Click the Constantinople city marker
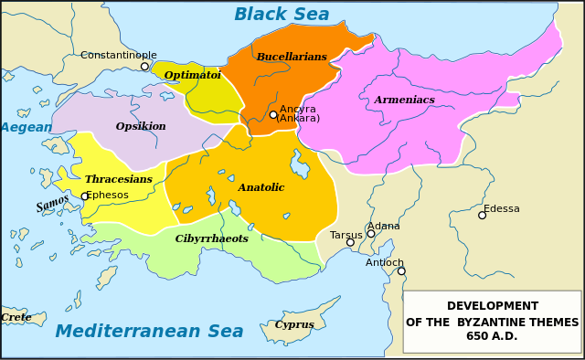(x=144, y=66)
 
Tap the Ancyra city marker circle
(x=273, y=114)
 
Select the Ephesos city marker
(x=85, y=196)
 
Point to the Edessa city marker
(x=482, y=215)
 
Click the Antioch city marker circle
(x=401, y=270)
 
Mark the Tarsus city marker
(x=350, y=242)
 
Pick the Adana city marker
(x=371, y=233)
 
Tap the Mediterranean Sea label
(x=149, y=331)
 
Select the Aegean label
(x=26, y=127)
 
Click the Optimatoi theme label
(x=192, y=75)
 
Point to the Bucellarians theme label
(x=291, y=57)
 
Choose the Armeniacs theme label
(x=404, y=100)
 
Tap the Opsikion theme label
(x=141, y=126)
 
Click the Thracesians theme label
(x=118, y=179)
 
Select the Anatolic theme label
(x=261, y=187)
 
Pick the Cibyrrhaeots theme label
(x=211, y=238)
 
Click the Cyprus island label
(x=293, y=324)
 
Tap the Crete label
(x=16, y=317)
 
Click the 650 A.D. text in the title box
(x=492, y=336)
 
